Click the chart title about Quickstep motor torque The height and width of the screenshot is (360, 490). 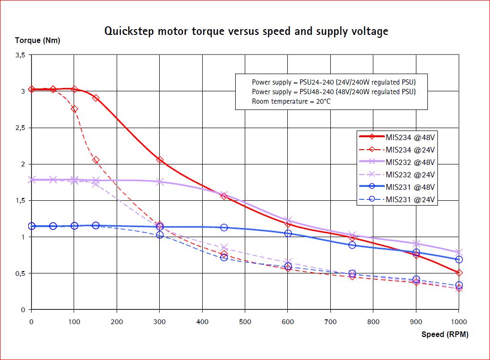(246, 32)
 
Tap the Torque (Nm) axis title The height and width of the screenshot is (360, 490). (38, 41)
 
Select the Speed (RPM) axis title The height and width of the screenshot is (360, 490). (445, 334)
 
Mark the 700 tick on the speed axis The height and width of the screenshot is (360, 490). (330, 321)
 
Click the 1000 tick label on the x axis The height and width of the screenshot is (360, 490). (459, 321)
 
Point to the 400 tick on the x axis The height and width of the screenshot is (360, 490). (202, 321)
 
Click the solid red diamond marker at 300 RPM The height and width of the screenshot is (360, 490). (160, 160)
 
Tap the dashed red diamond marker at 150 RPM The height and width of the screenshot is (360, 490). (96, 160)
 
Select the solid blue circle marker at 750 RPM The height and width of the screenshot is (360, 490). (352, 245)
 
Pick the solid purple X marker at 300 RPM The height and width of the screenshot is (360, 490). (160, 182)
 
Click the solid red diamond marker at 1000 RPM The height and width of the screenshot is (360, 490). (459, 273)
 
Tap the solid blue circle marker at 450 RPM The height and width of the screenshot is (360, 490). (224, 228)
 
